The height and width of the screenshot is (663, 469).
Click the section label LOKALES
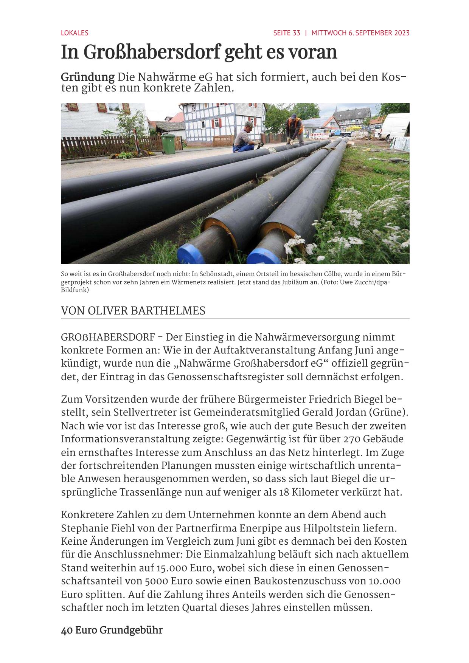(75, 33)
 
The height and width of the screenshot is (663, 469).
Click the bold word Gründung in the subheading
(88, 77)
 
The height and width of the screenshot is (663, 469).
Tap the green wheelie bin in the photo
(168, 144)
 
